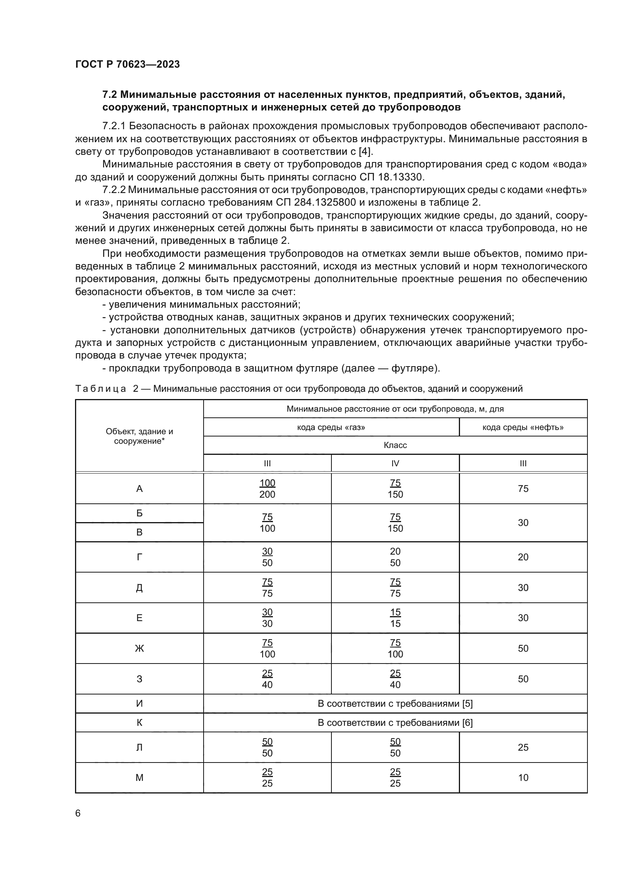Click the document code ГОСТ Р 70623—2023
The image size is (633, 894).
127,64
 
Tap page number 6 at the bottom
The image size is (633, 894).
78,813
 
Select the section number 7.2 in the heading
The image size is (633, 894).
110,95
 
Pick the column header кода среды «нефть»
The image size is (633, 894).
523,427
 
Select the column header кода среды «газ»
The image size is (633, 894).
331,427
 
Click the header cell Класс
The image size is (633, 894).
395,445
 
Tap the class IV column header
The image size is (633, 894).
395,463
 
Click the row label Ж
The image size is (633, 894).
139,648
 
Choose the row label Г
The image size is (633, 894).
139,557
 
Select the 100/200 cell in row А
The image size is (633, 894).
267,489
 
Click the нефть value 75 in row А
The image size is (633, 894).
523,489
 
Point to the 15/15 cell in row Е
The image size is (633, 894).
395,618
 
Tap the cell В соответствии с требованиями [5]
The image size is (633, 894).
395,704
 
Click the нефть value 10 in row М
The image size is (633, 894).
523,778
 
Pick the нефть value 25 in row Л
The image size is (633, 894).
523,747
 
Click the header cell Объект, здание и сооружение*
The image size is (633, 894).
139,436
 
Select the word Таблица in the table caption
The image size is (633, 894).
101,389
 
